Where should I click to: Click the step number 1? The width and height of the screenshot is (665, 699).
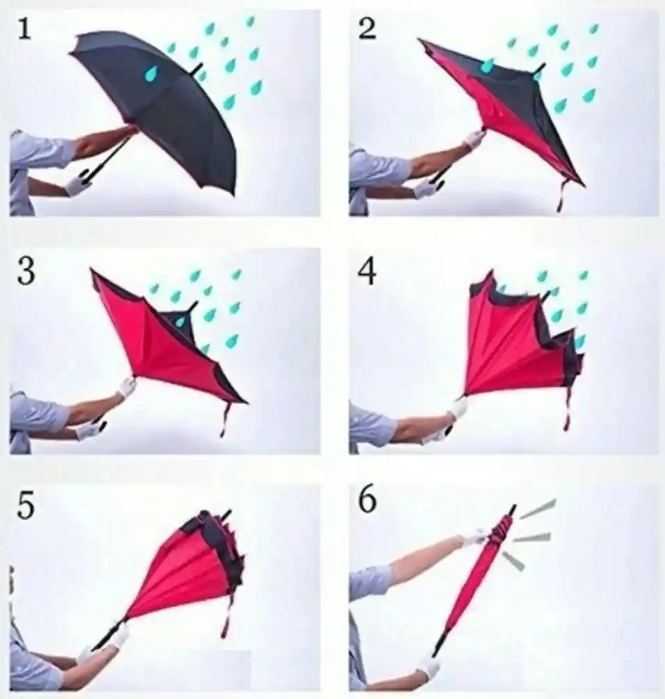24,30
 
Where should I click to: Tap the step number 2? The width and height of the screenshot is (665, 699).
367,30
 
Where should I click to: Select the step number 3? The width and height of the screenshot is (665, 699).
26,272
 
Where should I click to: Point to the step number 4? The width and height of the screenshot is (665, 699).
367,272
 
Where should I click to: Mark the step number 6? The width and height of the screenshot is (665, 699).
367,501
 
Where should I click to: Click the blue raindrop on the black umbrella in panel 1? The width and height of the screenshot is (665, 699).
152,73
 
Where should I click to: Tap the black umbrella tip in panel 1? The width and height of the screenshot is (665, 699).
198,69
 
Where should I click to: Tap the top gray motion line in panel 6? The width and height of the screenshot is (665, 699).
538,509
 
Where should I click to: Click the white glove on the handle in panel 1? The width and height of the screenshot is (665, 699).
77,183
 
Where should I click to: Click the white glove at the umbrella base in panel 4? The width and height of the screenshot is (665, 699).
460,407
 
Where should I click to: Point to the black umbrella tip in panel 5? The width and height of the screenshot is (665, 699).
227,515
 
